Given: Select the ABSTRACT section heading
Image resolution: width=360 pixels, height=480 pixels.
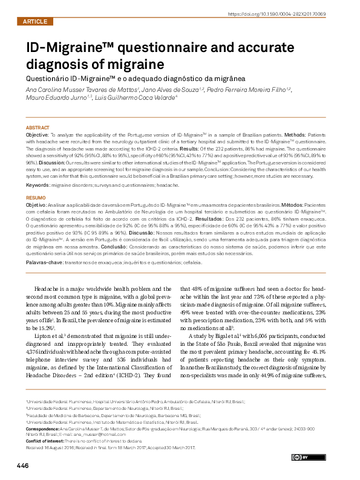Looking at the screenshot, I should [38, 128].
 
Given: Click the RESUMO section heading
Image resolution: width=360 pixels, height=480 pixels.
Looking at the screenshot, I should [36, 198].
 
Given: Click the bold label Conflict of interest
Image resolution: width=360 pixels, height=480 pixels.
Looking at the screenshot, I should [46, 441].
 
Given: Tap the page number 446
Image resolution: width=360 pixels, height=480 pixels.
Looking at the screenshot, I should [23, 466].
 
